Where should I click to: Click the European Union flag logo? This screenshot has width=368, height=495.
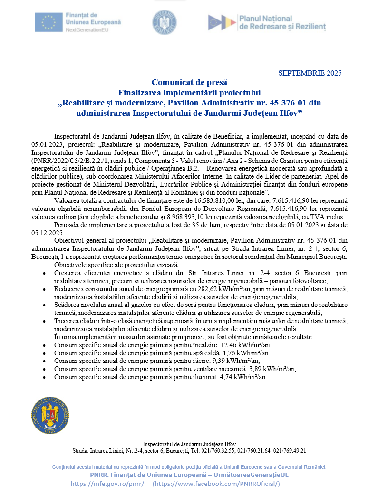pyautogui.click(x=48, y=22)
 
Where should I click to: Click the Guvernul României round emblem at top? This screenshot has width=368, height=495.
pyautogui.click(x=165, y=22)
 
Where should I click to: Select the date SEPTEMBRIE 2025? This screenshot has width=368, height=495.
pyautogui.click(x=310, y=73)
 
